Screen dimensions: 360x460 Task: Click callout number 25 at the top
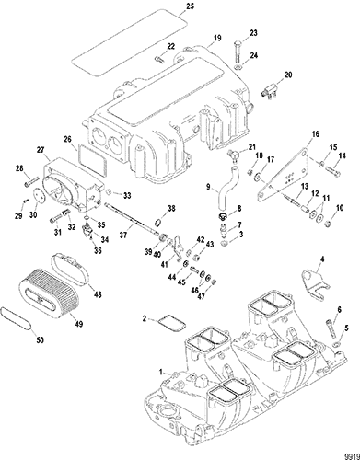click(191, 6)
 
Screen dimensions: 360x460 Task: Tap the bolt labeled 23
click(238, 52)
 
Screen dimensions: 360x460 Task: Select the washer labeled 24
click(238, 67)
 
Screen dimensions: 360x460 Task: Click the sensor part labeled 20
click(269, 91)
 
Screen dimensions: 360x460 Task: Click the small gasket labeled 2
click(171, 323)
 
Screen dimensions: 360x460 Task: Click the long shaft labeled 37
click(133, 220)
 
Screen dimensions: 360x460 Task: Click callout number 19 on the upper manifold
click(217, 38)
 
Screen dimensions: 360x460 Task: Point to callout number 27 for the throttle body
click(41, 150)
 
